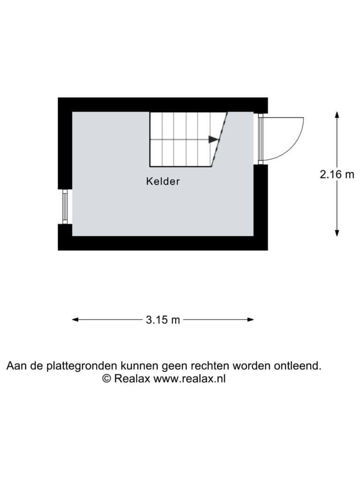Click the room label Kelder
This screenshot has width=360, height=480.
(x=163, y=181)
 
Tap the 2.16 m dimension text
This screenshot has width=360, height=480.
(x=337, y=174)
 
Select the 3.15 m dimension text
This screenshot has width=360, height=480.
(x=163, y=320)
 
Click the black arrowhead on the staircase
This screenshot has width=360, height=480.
(x=214, y=139)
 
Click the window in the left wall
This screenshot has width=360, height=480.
(x=65, y=207)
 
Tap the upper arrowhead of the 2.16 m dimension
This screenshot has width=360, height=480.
(x=337, y=114)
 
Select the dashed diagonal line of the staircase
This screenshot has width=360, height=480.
(x=219, y=140)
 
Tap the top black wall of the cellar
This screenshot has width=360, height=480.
(x=163, y=105)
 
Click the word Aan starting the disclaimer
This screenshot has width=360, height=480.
(x=16, y=366)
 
